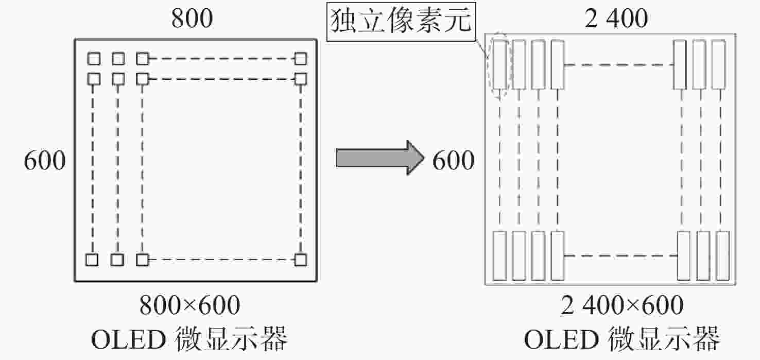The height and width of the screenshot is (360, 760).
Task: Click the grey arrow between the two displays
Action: click(380, 158)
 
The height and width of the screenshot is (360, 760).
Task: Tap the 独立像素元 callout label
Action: click(401, 22)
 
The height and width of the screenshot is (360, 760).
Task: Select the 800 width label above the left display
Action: click(192, 18)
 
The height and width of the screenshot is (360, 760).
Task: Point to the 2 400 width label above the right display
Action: click(616, 18)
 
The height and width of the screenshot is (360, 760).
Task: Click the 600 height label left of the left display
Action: click(44, 160)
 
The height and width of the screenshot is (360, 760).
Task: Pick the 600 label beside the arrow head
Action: click(453, 160)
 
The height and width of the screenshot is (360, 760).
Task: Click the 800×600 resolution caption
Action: click(189, 305)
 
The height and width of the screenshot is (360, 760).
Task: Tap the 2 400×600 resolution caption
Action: click(622, 305)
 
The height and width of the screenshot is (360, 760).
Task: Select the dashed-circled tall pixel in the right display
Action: click(499, 64)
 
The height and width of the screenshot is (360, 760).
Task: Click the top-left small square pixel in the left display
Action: click(94, 59)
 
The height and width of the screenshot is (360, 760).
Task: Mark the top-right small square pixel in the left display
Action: click(301, 59)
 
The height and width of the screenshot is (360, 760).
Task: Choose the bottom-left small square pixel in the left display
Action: click(92, 260)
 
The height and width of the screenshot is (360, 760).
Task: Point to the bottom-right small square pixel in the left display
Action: click(301, 260)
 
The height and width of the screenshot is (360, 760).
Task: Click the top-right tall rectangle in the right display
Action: click(719, 64)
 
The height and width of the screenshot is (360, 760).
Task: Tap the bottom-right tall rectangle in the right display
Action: click(723, 256)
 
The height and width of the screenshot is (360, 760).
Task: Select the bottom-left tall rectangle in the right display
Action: click(499, 256)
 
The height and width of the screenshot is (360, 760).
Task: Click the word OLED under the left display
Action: click(128, 339)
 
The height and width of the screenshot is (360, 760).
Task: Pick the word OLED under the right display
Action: click(561, 339)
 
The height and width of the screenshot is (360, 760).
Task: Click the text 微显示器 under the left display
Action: click(231, 339)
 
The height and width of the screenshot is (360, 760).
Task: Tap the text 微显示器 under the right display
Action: click(664, 339)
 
